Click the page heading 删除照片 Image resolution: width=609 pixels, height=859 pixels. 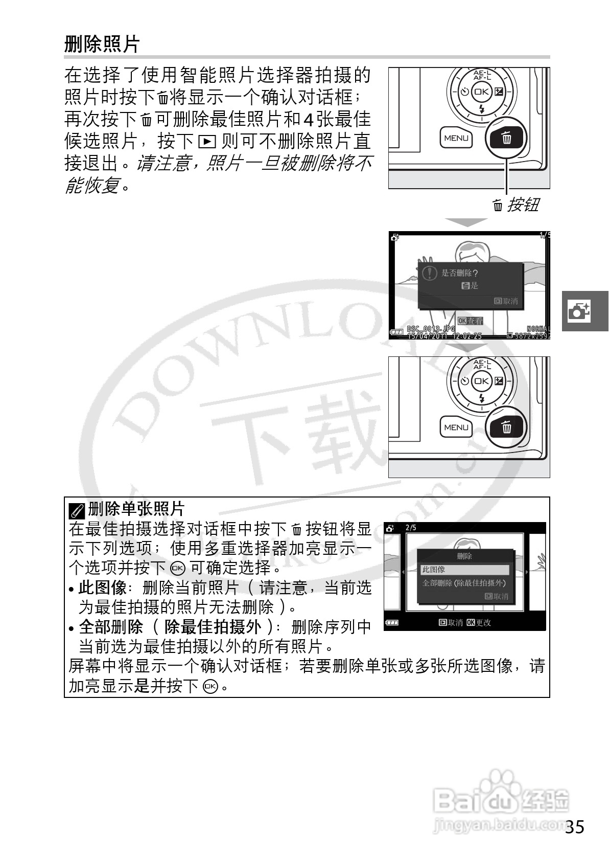click(x=102, y=44)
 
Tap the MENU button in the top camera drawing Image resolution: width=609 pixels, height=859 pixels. click(x=456, y=138)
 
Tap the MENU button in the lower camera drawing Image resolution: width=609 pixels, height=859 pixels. click(x=456, y=427)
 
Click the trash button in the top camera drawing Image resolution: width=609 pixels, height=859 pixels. click(x=506, y=138)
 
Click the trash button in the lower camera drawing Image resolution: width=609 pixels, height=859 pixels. click(x=506, y=427)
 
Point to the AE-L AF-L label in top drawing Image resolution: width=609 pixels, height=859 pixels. click(x=482, y=76)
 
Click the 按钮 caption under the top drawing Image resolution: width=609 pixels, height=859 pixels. click(x=522, y=205)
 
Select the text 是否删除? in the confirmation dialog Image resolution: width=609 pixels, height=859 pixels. click(x=459, y=274)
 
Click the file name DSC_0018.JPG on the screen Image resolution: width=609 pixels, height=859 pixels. click(x=431, y=329)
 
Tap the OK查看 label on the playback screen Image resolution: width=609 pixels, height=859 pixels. click(x=470, y=321)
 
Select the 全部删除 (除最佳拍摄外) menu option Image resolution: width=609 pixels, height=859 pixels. click(x=464, y=583)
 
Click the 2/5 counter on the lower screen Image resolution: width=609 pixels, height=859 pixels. click(x=411, y=528)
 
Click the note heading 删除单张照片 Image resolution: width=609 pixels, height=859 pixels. click(x=136, y=509)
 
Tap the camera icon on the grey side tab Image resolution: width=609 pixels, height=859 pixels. click(x=579, y=311)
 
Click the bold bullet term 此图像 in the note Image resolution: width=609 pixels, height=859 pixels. click(x=102, y=588)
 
